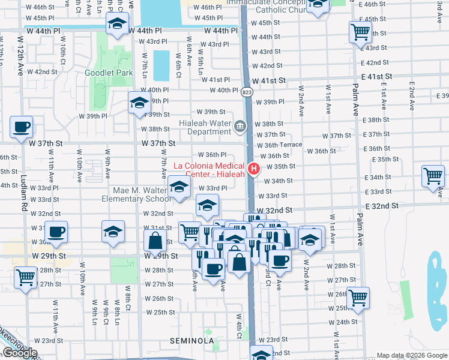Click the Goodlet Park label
108,73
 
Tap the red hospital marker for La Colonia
254,169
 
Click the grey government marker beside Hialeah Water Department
241,126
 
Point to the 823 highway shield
247,92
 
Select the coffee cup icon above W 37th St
22,127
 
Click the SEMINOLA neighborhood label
192,341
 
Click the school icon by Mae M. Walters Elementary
178,186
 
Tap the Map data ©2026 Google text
412,355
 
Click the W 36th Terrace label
280,145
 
